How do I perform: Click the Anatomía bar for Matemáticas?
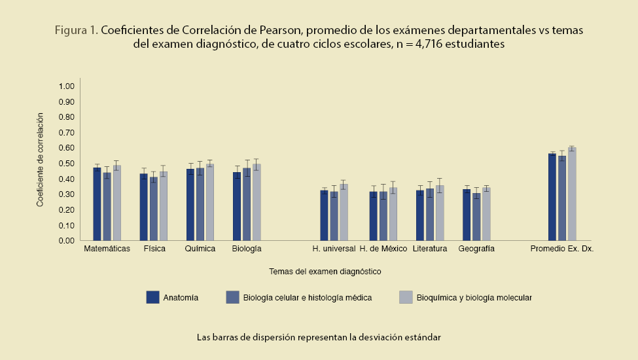[97, 204]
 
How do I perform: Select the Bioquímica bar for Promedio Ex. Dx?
[572, 194]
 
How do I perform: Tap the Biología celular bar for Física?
[153, 209]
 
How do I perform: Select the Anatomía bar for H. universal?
[324, 215]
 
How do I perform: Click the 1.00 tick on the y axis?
[67, 86]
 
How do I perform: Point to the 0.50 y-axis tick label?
[67, 164]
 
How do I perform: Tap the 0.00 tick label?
[67, 241]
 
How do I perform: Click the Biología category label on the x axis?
[247, 249]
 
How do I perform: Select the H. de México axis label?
[383, 249]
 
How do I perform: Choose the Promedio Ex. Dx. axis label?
[561, 249]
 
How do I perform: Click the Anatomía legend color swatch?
[153, 297]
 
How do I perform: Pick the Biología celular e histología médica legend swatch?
[232, 297]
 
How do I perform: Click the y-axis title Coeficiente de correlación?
[40, 160]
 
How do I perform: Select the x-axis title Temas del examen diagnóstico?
[325, 270]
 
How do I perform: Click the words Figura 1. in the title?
[76, 31]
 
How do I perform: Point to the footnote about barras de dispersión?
[319, 338]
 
